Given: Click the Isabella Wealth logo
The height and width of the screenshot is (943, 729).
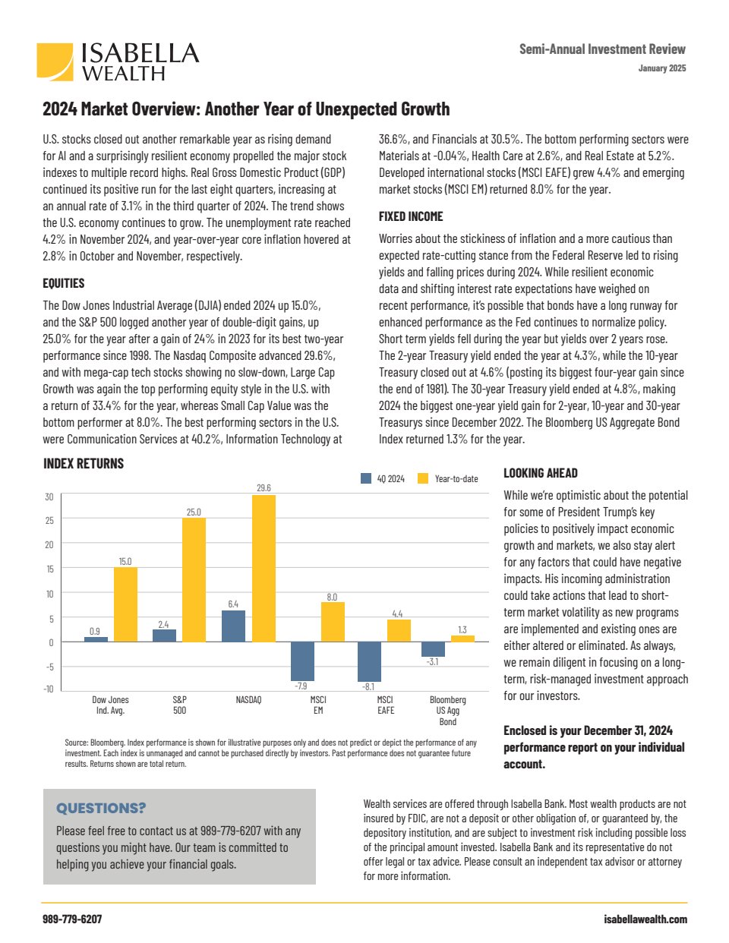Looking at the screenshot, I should pos(118,61).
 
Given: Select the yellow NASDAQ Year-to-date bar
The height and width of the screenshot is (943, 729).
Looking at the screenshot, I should pos(264,569).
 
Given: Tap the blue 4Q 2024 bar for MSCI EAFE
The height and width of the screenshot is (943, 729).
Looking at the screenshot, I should pos(369,661).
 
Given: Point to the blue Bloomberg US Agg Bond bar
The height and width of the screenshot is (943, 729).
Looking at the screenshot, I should pos(433,649).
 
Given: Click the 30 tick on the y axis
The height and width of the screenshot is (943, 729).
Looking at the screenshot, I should pos(49,497).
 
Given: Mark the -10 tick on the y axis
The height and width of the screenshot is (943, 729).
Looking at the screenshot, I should pos(49,689).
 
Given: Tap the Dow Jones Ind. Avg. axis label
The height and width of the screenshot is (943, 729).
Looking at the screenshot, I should pos(111,705).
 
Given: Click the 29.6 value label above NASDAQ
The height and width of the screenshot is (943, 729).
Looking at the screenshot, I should pos(264,487).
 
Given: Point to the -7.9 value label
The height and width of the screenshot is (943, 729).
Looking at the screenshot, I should pos(301,686).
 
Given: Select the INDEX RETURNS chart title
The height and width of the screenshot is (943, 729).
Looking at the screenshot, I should pos(84,463).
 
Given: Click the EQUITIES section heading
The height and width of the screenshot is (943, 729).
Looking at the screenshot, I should pos(64,283).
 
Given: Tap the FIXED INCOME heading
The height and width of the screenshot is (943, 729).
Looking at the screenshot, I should pos(411,216).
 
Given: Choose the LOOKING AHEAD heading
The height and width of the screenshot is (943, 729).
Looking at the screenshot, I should pos(541,473).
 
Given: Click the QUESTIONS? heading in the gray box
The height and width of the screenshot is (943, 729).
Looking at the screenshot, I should pos(101,808).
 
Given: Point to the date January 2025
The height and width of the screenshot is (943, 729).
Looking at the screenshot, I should pos(662,68).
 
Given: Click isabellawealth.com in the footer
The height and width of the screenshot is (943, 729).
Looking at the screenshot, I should pos(645,919).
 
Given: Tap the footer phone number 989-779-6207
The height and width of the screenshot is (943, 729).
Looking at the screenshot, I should pos(72,919).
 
